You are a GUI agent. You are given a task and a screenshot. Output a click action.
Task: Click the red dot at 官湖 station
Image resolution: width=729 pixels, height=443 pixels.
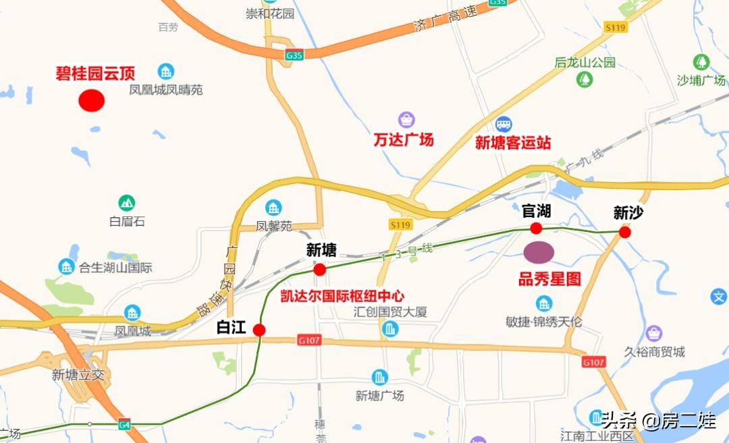tap(537, 228)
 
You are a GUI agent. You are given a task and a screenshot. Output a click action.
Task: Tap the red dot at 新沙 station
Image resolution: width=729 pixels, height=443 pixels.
tap(625, 233)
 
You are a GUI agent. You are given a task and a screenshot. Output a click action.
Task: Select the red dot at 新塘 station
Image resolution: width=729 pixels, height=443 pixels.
tap(320, 270)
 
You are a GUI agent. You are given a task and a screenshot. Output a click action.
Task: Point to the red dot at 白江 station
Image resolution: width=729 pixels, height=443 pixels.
tap(259, 330)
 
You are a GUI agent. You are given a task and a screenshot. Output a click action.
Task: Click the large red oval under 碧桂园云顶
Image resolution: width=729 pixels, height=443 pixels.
tap(91, 100)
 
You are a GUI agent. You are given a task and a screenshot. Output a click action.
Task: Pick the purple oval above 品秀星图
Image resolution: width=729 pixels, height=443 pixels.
tap(539, 252)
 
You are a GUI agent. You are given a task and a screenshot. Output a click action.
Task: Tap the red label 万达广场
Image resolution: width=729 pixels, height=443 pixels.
tap(404, 140)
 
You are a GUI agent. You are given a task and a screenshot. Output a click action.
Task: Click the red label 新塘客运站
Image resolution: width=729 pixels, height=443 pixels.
tap(513, 143)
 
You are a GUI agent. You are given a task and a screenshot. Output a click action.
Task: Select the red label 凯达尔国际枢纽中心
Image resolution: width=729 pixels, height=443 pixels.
tap(342, 295)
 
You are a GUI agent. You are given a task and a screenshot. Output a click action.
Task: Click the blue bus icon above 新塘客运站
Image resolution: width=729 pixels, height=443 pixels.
tap(504, 124)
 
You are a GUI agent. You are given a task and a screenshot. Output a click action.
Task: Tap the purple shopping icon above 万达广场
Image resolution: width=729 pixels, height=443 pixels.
tap(406, 120)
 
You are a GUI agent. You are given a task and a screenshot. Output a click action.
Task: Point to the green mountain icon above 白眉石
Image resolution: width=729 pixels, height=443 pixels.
tap(126, 202)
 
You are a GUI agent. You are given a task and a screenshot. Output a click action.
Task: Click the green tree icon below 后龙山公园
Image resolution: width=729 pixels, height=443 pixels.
tap(585, 80)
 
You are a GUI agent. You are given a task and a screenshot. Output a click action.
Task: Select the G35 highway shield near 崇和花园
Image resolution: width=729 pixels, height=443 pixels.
tap(294, 56)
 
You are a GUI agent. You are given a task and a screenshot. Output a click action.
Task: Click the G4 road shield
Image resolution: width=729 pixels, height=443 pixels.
tap(124, 425)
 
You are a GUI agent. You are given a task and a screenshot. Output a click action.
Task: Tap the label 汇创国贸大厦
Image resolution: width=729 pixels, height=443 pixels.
tap(390, 312)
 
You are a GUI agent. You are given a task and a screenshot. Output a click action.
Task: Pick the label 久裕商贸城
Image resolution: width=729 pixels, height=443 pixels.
tap(654, 351)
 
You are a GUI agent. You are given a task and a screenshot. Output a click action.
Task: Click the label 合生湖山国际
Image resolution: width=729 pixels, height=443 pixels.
tap(115, 268)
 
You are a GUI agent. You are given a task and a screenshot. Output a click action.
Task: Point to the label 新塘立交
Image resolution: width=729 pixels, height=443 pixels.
tap(78, 375)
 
